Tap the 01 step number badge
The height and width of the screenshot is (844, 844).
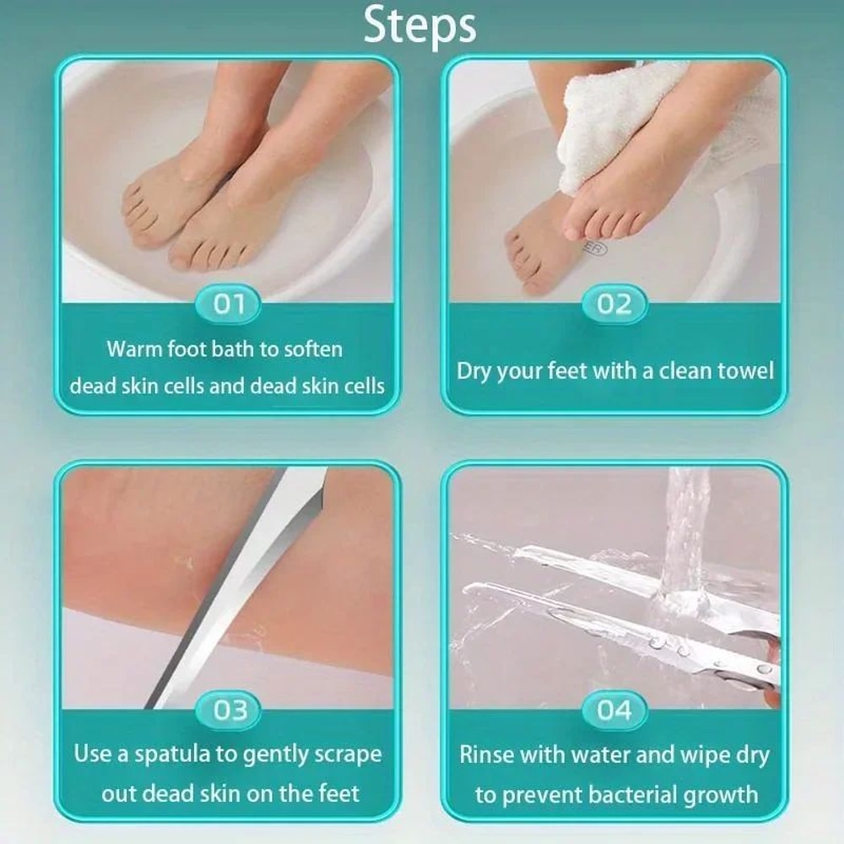coord(228,305)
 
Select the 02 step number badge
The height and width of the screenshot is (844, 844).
coord(614,305)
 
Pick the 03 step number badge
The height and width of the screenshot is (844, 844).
coord(228,711)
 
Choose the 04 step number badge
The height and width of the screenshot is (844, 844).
coord(614,711)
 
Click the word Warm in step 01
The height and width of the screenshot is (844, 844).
coord(133,349)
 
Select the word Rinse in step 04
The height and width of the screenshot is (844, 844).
coord(488,755)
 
